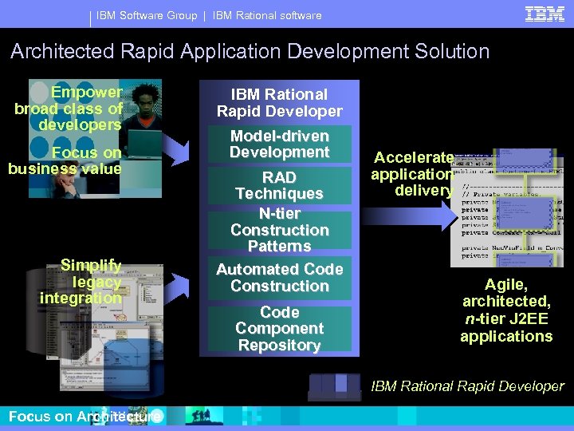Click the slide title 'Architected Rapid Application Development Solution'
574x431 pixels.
pyautogui.click(x=250, y=52)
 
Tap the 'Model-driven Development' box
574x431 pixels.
pyautogui.click(x=279, y=144)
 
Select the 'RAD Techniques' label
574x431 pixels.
pyautogui.click(x=279, y=185)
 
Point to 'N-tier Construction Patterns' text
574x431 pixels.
pyautogui.click(x=279, y=229)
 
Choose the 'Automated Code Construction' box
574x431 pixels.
pyautogui.click(x=279, y=277)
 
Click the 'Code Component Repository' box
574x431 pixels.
pyautogui.click(x=279, y=328)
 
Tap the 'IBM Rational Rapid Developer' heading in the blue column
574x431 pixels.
pyautogui.click(x=279, y=102)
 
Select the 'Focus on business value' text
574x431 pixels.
pyautogui.click(x=65, y=160)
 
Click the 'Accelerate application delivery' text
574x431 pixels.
pyautogui.click(x=414, y=173)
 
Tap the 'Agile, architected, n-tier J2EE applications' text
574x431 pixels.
pyautogui.click(x=506, y=310)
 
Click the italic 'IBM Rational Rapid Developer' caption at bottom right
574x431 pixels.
pyautogui.click(x=467, y=386)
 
